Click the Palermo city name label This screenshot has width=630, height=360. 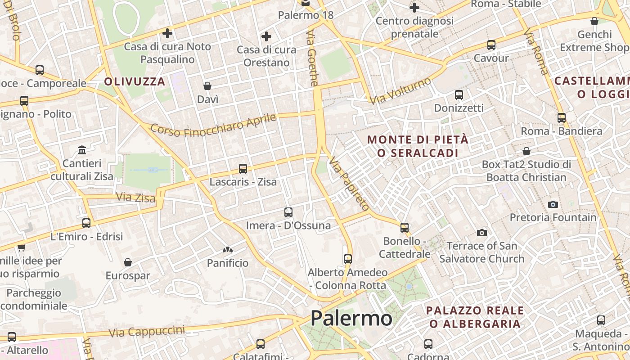[x=351, y=318]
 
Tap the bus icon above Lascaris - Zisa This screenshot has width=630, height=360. [x=243, y=169]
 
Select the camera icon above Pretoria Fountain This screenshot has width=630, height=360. [x=553, y=204]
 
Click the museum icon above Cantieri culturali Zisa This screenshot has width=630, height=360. [x=82, y=150]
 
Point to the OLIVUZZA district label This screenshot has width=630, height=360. [x=135, y=81]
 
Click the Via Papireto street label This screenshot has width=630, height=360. [x=349, y=184]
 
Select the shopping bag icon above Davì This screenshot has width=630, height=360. [x=207, y=85]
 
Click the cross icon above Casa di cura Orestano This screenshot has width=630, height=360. [x=266, y=36]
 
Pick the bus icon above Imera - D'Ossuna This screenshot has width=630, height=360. [x=288, y=212]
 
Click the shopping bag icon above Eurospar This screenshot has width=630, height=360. [x=128, y=262]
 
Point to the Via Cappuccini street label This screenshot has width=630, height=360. [x=147, y=332]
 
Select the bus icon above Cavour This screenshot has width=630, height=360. [x=491, y=45]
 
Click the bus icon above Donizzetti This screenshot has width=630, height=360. [x=459, y=95]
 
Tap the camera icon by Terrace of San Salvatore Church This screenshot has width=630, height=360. [x=482, y=233]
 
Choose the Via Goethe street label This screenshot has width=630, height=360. [x=312, y=58]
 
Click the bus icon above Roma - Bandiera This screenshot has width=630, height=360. [x=562, y=118]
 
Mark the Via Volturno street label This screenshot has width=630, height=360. [x=400, y=90]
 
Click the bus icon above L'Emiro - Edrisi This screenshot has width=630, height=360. [x=86, y=223]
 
